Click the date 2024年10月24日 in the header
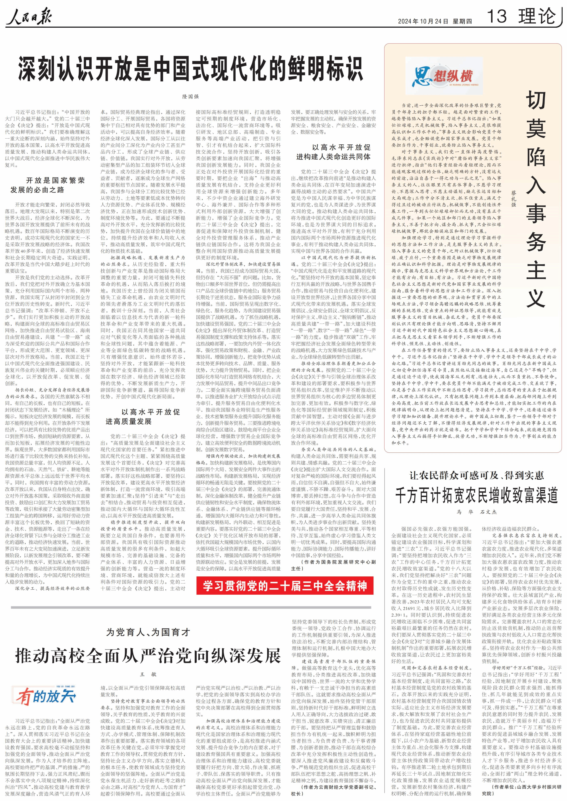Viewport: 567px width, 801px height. (423, 21)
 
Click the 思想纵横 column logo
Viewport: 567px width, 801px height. (442, 77)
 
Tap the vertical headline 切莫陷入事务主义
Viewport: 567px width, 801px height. (536, 199)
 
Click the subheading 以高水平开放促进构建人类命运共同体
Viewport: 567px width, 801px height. (333, 152)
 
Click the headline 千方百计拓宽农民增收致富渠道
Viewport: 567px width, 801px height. (476, 495)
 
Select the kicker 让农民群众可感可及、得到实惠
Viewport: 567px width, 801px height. (476, 475)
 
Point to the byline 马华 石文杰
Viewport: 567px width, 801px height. (476, 512)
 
